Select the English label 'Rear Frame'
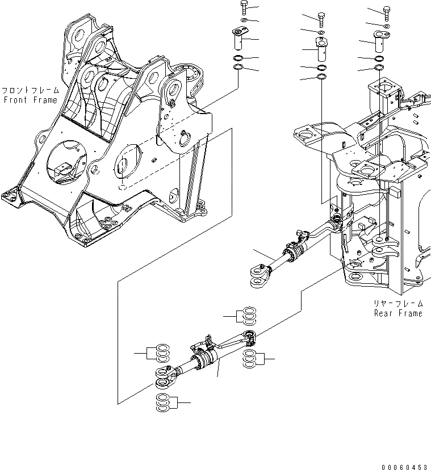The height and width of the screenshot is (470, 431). pos(397,313)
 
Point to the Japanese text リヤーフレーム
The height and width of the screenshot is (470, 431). pos(397,304)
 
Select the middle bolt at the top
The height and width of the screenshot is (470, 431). pos(321,18)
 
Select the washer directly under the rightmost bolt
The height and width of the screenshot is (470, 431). pos(387,26)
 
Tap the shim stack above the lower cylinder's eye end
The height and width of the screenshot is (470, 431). pos(248,314)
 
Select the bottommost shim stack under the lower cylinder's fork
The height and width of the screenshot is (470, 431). pos(162,402)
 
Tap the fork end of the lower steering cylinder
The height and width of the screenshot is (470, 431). pos(165,377)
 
